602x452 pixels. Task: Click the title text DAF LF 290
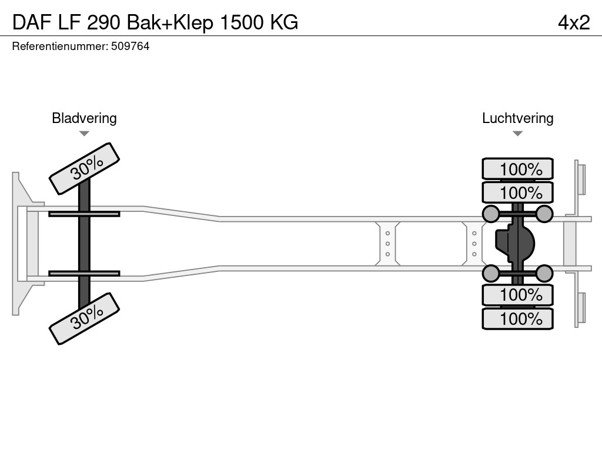(x=65, y=22)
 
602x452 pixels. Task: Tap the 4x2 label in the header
(x=574, y=22)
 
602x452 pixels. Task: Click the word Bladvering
(x=84, y=118)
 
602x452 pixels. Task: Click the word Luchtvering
(x=517, y=118)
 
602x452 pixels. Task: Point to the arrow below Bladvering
(x=84, y=134)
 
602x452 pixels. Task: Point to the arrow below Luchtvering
(x=517, y=134)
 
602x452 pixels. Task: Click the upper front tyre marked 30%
(x=84, y=168)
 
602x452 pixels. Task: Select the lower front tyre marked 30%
(x=84, y=318)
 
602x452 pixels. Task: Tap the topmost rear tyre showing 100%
(x=517, y=169)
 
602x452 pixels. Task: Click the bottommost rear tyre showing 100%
(x=517, y=319)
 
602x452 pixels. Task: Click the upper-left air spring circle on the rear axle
(x=490, y=214)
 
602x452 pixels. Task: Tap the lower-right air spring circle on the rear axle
(x=544, y=273)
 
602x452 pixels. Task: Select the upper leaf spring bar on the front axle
(x=84, y=214)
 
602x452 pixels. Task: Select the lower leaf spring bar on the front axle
(x=84, y=273)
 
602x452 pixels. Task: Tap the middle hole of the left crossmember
(x=387, y=244)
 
